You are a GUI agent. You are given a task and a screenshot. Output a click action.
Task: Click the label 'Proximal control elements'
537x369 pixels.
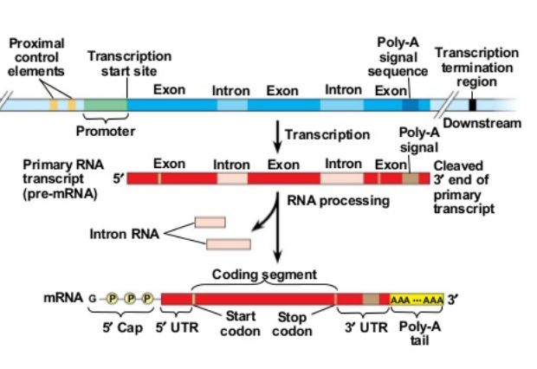click(x=36, y=57)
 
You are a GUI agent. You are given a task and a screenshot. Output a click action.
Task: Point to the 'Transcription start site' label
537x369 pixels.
click(x=129, y=62)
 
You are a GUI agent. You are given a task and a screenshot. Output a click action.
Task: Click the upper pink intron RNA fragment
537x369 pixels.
click(x=210, y=223)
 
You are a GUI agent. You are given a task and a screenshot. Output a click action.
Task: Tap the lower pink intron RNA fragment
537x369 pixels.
click(x=229, y=244)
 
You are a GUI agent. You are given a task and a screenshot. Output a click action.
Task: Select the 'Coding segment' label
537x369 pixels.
click(x=264, y=274)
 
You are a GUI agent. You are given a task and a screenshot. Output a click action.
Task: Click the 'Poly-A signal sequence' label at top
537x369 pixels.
click(x=398, y=56)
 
